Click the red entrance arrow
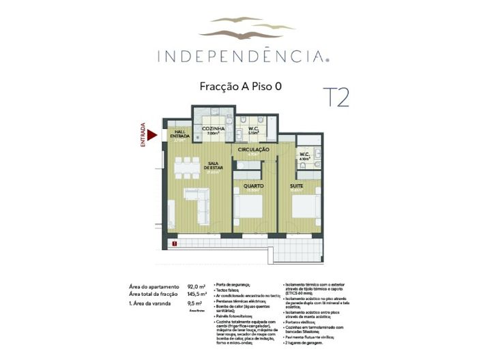click(153, 135)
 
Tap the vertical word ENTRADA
click(143, 135)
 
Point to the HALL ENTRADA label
click(180, 134)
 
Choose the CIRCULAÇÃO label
click(253, 149)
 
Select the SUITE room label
click(297, 185)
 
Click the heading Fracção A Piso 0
click(241, 87)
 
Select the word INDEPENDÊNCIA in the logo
click(242, 55)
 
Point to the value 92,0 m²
click(196, 287)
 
